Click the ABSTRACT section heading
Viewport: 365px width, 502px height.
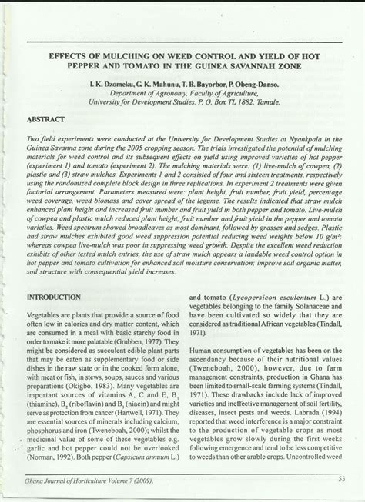point(44,121)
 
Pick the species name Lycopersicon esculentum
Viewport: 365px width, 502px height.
point(252,296)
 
